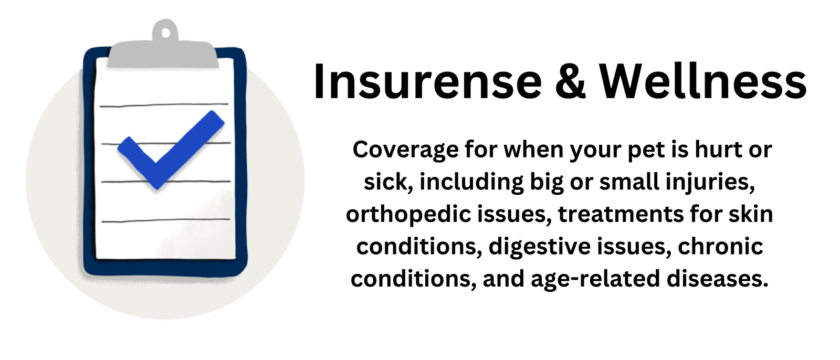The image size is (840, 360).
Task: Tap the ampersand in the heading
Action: click(x=570, y=81)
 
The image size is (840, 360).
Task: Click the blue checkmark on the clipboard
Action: click(x=171, y=149)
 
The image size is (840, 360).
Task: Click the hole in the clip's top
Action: click(x=165, y=33)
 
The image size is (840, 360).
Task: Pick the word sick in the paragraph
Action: click(x=388, y=182)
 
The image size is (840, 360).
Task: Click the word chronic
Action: click(x=720, y=246)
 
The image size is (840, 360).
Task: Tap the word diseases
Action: click(x=717, y=279)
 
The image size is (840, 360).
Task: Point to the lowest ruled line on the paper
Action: click(x=166, y=220)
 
